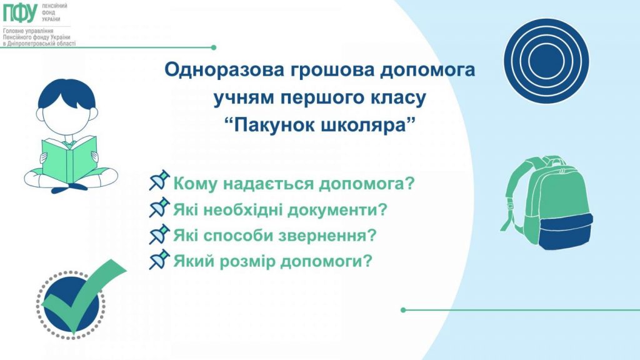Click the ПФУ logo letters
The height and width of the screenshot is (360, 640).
tap(20, 13)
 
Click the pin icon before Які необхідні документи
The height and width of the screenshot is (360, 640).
tap(159, 207)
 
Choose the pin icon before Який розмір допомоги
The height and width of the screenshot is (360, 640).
tap(159, 259)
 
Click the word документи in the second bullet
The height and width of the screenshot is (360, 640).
tap(338, 209)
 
